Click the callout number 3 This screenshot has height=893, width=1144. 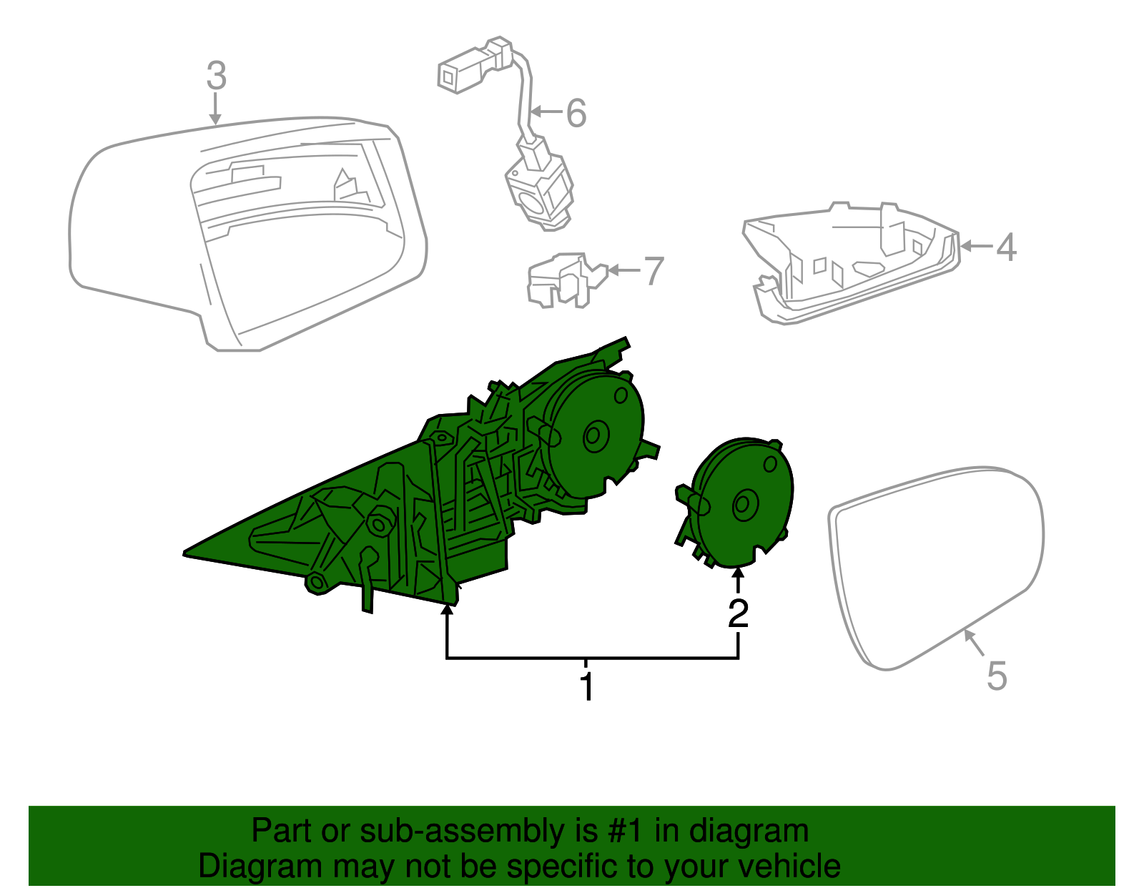tap(216, 76)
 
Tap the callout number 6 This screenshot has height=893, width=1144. tap(576, 113)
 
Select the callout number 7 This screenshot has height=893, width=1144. tap(654, 272)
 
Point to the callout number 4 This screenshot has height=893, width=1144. tap(1006, 247)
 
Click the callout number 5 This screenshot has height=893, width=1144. tap(996, 676)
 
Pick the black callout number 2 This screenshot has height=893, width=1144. tap(738, 613)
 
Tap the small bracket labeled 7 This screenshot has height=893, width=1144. tap(565, 280)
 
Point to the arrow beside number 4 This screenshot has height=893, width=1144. tap(977, 247)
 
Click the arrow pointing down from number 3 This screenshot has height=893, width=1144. tap(215, 111)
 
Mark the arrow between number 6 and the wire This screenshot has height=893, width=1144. tap(548, 112)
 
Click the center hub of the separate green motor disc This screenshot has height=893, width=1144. tap(744, 505)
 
